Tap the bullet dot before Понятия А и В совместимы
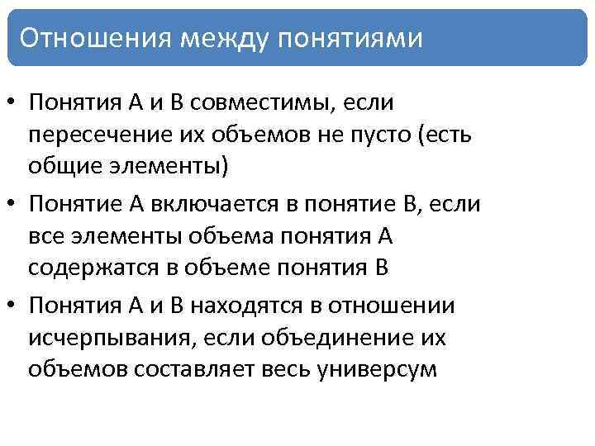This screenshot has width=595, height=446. tap(13, 104)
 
